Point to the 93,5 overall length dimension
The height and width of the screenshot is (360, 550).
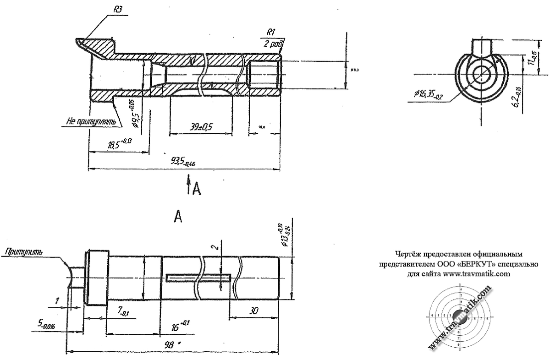pyautogui.click(x=182, y=162)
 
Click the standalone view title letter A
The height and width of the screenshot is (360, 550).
pyautogui.click(x=178, y=217)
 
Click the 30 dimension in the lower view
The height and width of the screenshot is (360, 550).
pyautogui.click(x=253, y=311)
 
